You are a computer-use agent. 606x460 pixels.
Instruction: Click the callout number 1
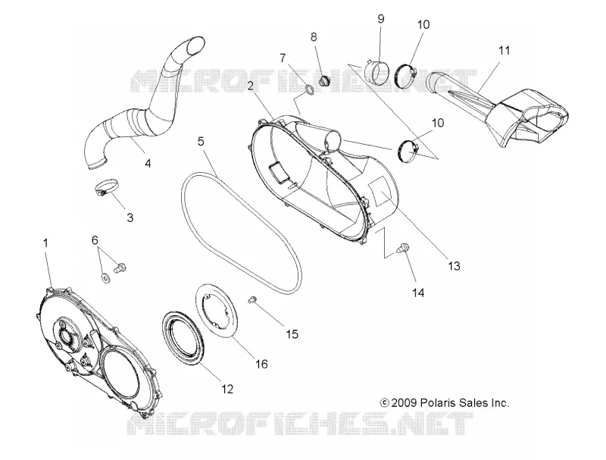click(x=45, y=243)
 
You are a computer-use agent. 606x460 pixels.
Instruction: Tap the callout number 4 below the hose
click(x=148, y=164)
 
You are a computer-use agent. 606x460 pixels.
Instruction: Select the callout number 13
click(x=454, y=266)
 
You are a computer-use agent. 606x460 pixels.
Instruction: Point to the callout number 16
click(x=261, y=364)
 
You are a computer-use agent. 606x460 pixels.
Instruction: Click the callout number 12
click(x=227, y=389)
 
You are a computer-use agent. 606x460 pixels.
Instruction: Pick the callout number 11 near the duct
click(x=504, y=50)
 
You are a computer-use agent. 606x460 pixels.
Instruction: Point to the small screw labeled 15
click(x=253, y=299)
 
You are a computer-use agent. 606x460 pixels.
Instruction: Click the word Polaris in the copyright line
click(x=437, y=403)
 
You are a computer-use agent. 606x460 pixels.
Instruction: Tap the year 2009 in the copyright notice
click(x=404, y=403)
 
